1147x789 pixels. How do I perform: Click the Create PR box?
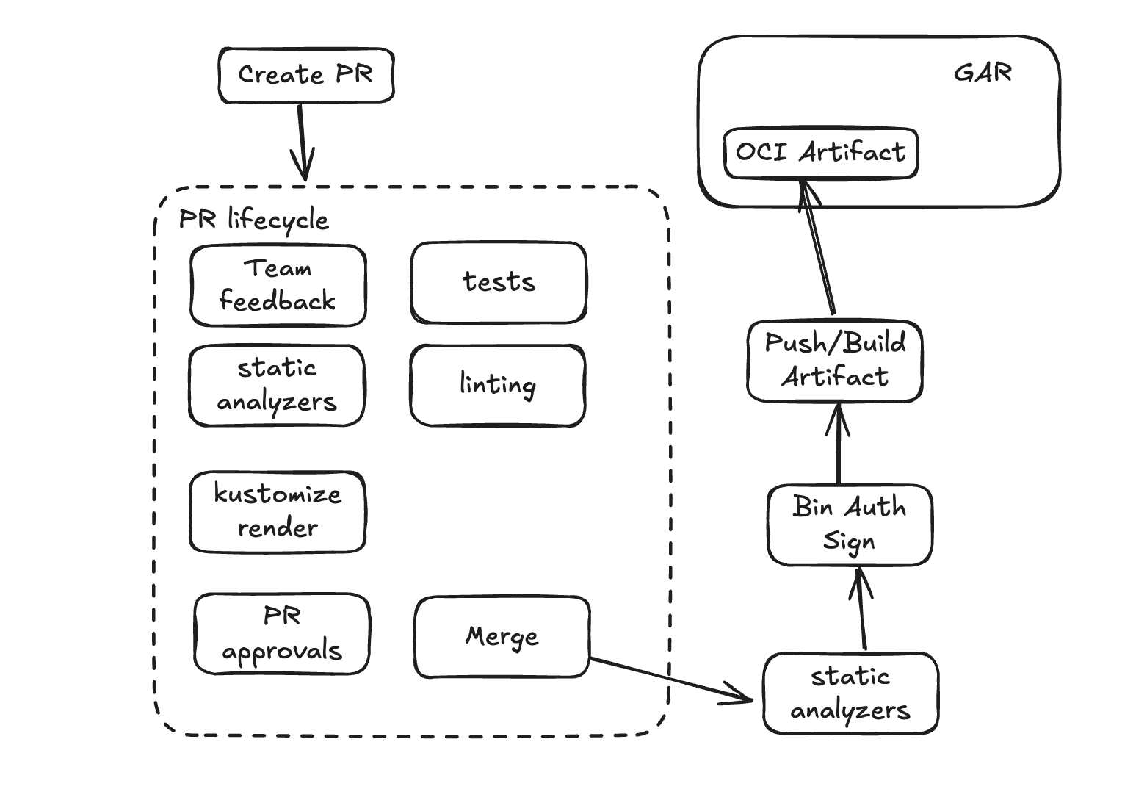pos(306,76)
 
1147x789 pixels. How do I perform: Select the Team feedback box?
pos(278,285)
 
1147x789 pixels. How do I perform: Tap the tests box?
pos(499,283)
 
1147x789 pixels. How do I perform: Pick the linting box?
pos(497,386)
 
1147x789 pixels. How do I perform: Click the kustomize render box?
pos(278,512)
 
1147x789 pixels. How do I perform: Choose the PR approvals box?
pos(282,634)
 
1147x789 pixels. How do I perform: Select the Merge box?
pos(502,637)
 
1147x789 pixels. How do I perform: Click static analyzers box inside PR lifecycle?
pos(276,386)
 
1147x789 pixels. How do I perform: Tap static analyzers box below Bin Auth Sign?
pos(850,693)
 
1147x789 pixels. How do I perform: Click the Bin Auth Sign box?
pos(850,525)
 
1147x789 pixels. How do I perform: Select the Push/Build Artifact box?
pos(835,361)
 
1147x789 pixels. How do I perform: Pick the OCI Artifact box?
pos(820,153)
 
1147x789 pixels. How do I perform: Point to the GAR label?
pos(983,73)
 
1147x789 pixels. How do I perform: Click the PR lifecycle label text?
pos(254,220)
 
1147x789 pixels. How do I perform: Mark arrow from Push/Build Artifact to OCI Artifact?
pos(819,250)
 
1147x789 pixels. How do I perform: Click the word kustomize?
pos(278,494)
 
